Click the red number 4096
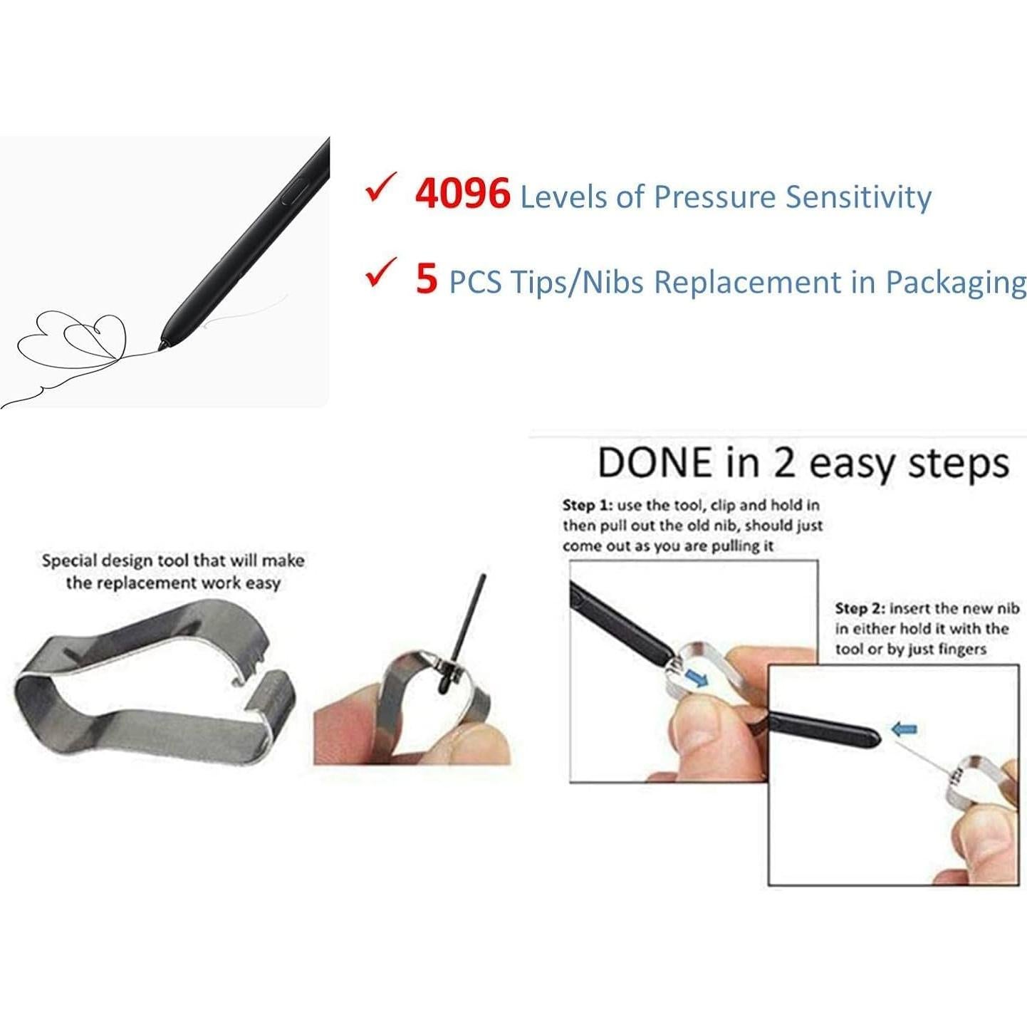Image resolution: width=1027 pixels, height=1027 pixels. point(463,194)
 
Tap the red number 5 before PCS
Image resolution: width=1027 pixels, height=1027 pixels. point(427,278)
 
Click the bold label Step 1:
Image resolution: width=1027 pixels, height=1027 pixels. point(588,505)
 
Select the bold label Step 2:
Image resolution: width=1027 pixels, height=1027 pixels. point(860,609)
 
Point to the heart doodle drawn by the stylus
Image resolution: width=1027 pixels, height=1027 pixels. point(95,335)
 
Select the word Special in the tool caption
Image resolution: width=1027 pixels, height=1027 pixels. point(68,561)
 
